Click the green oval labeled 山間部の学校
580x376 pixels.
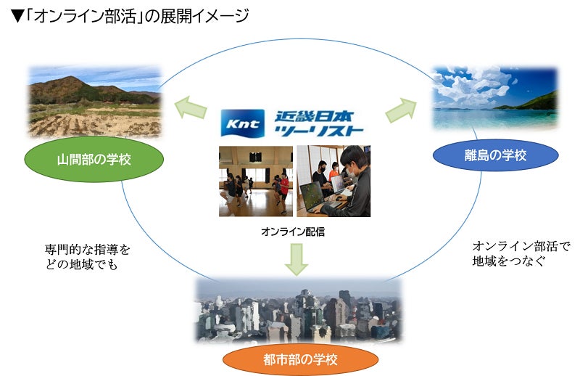(94, 159)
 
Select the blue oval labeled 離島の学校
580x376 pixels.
(496, 154)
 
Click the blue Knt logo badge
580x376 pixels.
(242, 124)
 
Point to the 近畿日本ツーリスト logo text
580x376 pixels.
(319, 123)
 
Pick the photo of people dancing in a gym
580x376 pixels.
(256, 181)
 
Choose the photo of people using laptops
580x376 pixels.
(333, 181)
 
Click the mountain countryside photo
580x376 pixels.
(95, 102)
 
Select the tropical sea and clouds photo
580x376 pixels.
(495, 99)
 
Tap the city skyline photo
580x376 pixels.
(298, 310)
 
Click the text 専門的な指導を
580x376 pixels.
(88, 250)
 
